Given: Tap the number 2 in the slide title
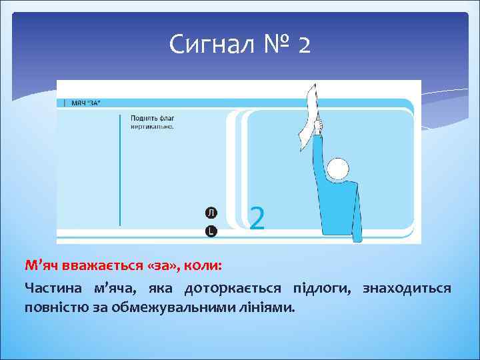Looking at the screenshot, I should (x=303, y=45).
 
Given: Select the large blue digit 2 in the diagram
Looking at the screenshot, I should (x=257, y=218).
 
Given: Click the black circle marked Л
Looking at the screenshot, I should (x=211, y=213).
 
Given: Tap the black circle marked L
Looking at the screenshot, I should (x=211, y=231).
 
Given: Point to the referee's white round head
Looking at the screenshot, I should (x=338, y=169).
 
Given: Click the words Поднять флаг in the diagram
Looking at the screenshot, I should (x=152, y=118).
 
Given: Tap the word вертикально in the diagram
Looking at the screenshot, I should (x=152, y=126).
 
